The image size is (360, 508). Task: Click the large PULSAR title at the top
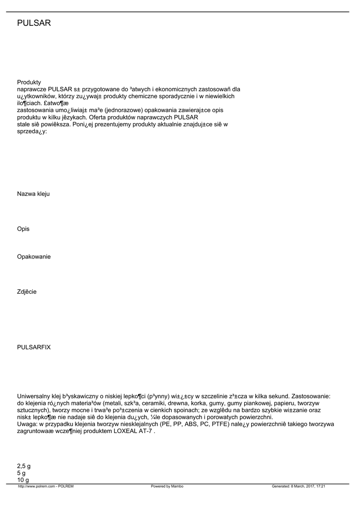[34, 23]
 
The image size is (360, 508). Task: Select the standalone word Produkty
[29, 82]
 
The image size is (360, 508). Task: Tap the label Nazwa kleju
[33, 194]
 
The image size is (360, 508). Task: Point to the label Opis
[23, 229]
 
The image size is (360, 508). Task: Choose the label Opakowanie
[34, 257]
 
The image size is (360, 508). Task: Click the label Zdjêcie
[27, 292]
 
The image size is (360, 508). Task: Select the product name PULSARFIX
[34, 347]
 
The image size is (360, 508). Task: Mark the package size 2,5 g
[24, 466]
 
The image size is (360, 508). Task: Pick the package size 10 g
[23, 480]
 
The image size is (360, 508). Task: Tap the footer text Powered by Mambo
[167, 486]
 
